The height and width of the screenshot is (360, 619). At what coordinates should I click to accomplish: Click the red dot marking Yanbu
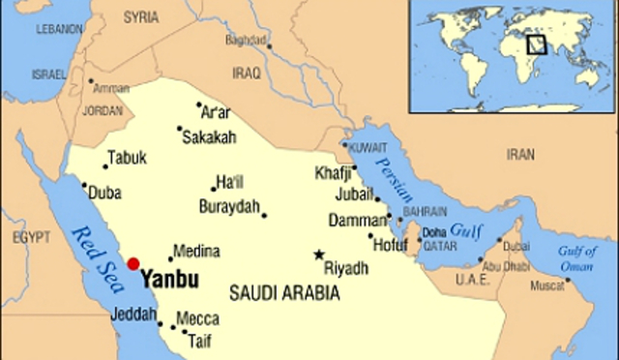pos(133,263)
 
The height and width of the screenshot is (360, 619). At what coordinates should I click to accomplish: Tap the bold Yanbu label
pos(169,280)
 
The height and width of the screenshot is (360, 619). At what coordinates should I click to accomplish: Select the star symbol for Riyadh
pos(319,255)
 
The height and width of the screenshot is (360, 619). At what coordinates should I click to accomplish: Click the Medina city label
pos(196,252)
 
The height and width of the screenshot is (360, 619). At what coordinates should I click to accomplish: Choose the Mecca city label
pos(197,318)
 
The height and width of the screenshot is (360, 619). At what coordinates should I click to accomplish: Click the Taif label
pos(199,340)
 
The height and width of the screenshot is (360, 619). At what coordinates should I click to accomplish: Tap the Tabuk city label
pos(127,157)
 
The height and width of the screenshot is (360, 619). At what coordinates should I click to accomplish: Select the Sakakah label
pos(208,138)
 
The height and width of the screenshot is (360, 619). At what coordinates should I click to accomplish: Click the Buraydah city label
pos(229,206)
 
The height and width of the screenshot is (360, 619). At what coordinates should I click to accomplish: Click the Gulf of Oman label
pos(576,257)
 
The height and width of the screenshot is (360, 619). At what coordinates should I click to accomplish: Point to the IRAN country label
pos(520,154)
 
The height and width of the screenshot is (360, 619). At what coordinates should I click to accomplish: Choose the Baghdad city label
pos(245,41)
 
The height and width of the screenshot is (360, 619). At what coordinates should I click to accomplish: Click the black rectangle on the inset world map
pos(536,44)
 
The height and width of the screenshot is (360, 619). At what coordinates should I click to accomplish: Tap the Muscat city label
pos(545,287)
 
